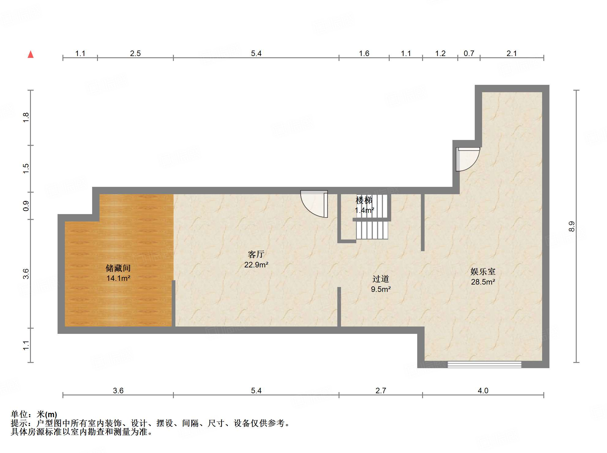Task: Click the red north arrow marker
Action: point(31,55)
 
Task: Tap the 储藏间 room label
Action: point(118,268)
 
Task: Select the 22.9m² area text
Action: point(256,265)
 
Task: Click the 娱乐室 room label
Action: point(483,271)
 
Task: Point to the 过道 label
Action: point(380,279)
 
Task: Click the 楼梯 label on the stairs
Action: point(364,200)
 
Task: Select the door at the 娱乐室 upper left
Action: point(466,159)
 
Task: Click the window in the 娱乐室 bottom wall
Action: point(484,364)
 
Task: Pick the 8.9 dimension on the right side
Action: point(571,226)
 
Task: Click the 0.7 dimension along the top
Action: point(469,54)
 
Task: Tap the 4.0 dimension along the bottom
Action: point(483,391)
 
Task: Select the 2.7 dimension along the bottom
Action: point(380,391)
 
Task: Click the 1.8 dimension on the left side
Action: point(26,118)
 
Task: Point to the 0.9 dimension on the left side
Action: point(26,206)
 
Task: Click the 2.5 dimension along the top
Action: point(135,54)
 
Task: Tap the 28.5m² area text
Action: point(483,282)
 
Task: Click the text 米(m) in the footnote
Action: point(47,414)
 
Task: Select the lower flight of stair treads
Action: point(372,230)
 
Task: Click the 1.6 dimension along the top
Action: point(364,54)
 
